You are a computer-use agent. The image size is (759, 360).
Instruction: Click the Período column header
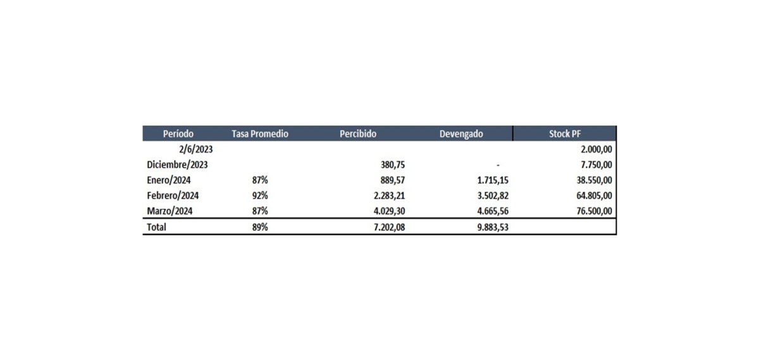pyautogui.click(x=178, y=134)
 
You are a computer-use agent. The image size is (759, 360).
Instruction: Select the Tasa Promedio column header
pyautogui.click(x=260, y=134)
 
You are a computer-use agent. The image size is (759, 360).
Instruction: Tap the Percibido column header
pyautogui.click(x=358, y=134)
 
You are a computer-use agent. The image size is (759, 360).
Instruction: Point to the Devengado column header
pyautogui.click(x=461, y=134)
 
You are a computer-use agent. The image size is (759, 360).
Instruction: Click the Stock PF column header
pyautogui.click(x=564, y=134)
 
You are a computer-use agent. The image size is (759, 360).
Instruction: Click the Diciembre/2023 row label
pyautogui.click(x=177, y=164)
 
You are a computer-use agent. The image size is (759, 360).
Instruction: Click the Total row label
pyautogui.click(x=156, y=227)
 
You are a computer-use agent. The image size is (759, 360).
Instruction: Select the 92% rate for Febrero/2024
pyautogui.click(x=259, y=195)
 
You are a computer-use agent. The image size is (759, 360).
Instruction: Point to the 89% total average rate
pyautogui.click(x=259, y=227)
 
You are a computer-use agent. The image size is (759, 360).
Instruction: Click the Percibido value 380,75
pyautogui.click(x=392, y=164)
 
